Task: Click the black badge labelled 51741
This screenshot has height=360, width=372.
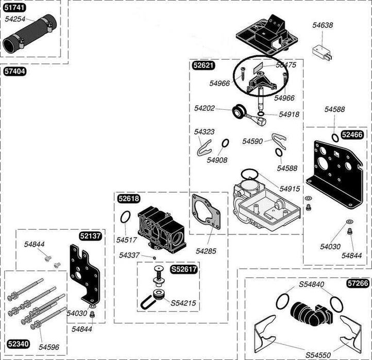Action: point(14,9)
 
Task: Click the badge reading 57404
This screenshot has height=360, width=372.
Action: point(14,72)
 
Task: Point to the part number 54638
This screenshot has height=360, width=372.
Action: point(323,24)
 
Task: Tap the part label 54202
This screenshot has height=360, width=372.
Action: point(206,108)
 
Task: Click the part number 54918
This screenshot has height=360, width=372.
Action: point(290,114)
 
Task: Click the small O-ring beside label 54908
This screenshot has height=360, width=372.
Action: point(225,143)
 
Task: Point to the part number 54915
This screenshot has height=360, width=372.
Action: point(290,189)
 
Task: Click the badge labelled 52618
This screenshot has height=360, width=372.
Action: point(128,199)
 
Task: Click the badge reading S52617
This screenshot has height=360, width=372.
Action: point(184,269)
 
